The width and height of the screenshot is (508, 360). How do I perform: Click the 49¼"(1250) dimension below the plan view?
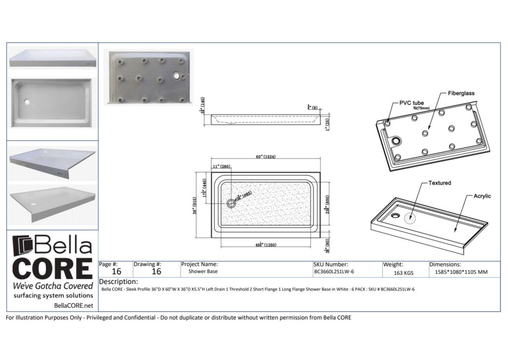pos(263,245)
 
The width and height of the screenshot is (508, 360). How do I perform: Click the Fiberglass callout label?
pos(461,93)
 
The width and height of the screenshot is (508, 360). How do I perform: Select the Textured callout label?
pos(440,183)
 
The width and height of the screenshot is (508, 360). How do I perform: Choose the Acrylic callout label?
pos(481,196)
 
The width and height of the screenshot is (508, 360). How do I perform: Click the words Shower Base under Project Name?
pos(203,272)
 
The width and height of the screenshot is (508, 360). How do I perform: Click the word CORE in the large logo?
pos(52,268)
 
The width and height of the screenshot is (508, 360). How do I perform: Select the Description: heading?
pos(119,282)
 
